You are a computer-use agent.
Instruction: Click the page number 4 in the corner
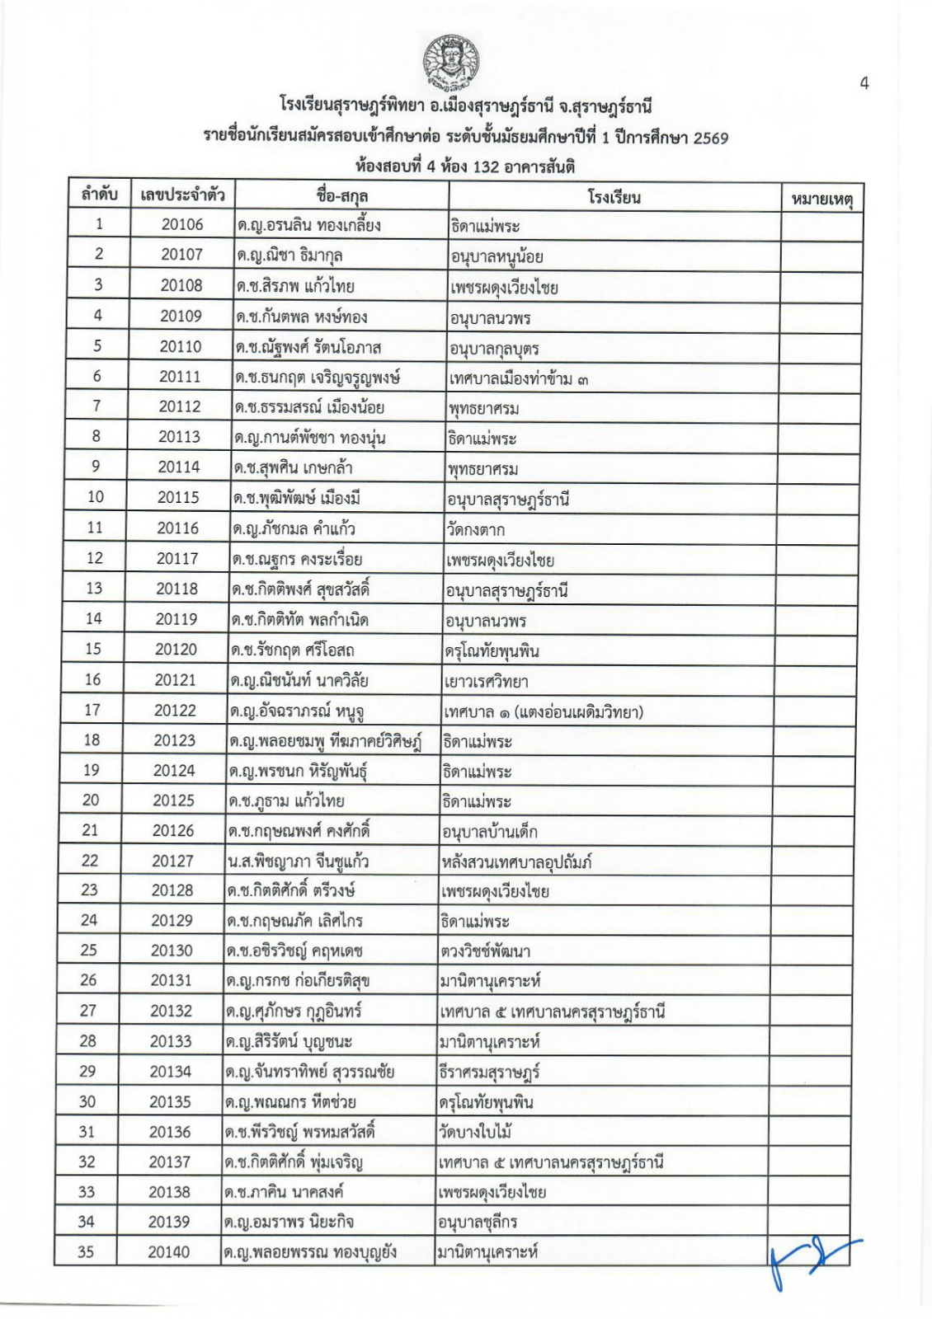[864, 83]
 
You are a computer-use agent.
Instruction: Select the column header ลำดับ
[100, 195]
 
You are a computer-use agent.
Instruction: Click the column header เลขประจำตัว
[183, 195]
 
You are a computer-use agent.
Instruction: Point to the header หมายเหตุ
[821, 198]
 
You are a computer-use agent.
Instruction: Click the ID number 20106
[182, 224]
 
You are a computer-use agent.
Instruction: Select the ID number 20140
[169, 1252]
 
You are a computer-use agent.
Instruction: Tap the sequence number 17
[92, 710]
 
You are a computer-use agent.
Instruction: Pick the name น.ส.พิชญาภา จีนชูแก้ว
[298, 861]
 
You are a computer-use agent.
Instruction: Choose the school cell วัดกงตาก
[476, 529]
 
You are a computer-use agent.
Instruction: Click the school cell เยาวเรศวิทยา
[486, 681]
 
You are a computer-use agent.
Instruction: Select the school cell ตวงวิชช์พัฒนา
[485, 951]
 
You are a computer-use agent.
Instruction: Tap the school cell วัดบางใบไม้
[476, 1132]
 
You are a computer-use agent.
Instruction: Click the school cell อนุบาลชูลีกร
[478, 1222]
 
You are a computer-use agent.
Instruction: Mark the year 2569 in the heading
[710, 138]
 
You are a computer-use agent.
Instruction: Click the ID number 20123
[175, 740]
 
